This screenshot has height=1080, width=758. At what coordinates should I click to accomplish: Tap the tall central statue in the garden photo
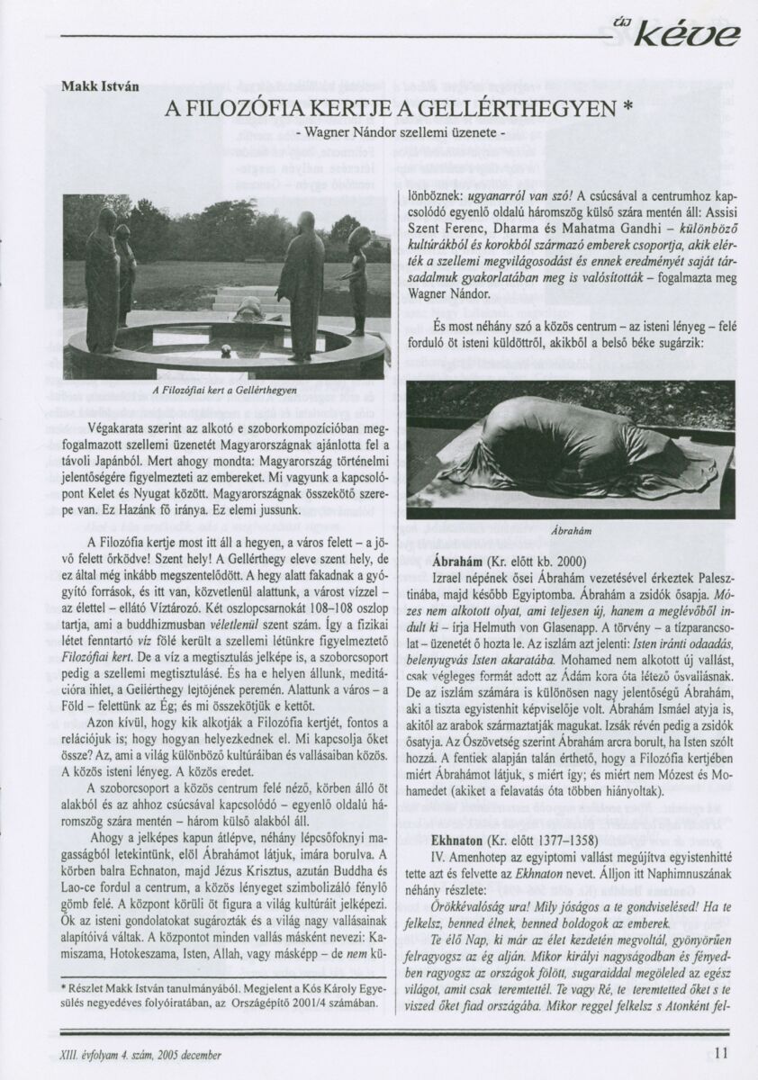tap(302, 283)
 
